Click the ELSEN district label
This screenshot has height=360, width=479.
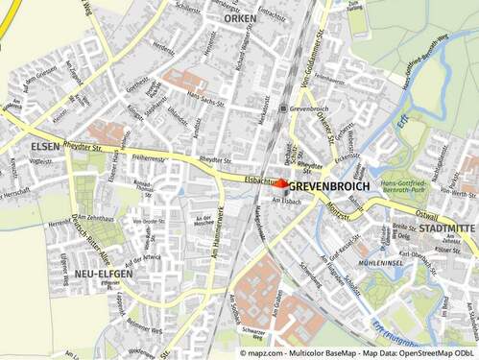point(44,147)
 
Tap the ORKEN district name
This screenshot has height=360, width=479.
point(240,18)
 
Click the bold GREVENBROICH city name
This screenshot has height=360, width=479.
point(328,184)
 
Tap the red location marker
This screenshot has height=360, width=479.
point(281,183)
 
